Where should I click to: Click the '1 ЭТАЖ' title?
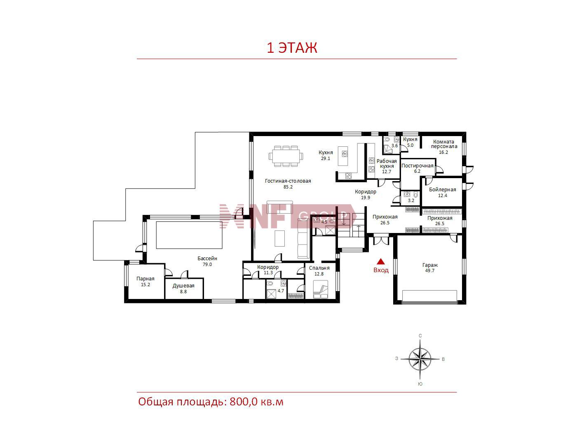click(x=292, y=48)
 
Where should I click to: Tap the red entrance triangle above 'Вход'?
click(x=381, y=261)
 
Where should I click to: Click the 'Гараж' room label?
click(x=430, y=265)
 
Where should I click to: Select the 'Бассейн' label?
click(x=207, y=259)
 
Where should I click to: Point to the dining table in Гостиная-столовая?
click(x=286, y=156)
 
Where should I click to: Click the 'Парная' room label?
click(x=145, y=279)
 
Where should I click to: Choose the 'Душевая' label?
click(x=183, y=286)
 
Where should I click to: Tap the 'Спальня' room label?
click(x=319, y=268)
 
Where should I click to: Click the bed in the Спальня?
click(x=321, y=289)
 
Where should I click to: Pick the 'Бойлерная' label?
click(x=442, y=190)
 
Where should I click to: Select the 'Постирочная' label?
click(x=417, y=166)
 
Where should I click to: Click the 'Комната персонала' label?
click(x=444, y=144)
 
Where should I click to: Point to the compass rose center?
click(x=420, y=359)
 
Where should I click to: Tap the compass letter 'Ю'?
click(x=420, y=384)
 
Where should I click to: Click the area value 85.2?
click(x=288, y=187)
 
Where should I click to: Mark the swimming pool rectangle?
click(x=189, y=235)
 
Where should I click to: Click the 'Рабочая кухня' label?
click(x=387, y=164)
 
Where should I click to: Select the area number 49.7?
click(x=430, y=271)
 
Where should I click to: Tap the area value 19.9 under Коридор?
click(x=366, y=198)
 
